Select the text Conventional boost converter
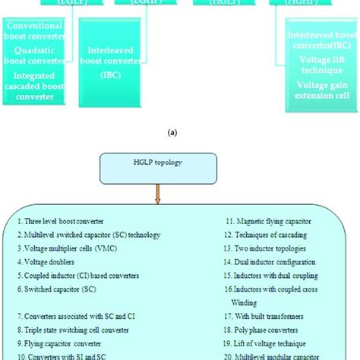44,31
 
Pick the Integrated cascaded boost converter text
44,84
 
